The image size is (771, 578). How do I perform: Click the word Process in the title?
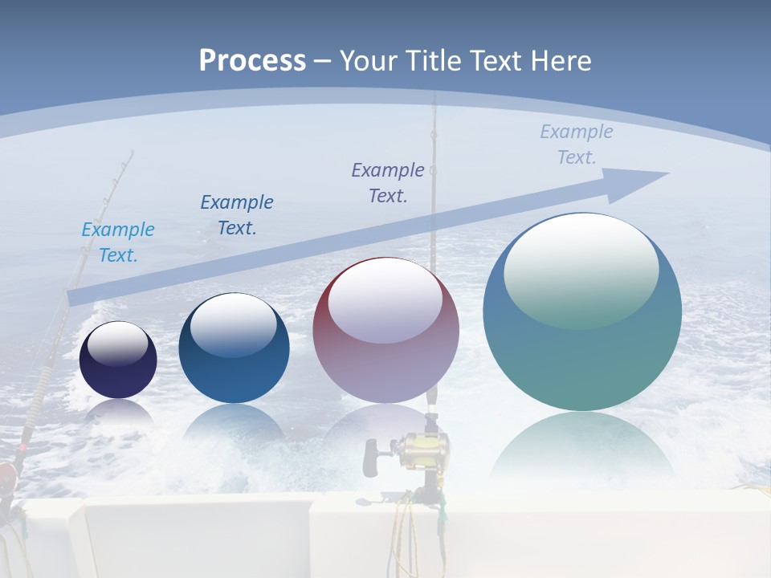[x=252, y=60]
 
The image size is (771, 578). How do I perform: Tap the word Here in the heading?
[x=559, y=60]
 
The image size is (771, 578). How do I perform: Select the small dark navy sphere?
[x=118, y=360]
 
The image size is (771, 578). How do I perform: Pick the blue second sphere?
[x=234, y=348]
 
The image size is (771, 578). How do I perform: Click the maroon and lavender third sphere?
[x=386, y=331]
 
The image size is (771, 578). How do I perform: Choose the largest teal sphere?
[x=582, y=312]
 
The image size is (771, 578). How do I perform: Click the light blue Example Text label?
[x=118, y=242]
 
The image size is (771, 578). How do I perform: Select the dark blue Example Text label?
[x=237, y=214]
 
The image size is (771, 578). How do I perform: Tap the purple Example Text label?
[x=388, y=182]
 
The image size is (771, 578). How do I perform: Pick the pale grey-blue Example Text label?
[x=577, y=144]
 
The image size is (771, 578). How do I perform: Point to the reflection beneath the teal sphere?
[x=582, y=450]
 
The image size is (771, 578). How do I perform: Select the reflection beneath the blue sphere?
[x=234, y=425]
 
